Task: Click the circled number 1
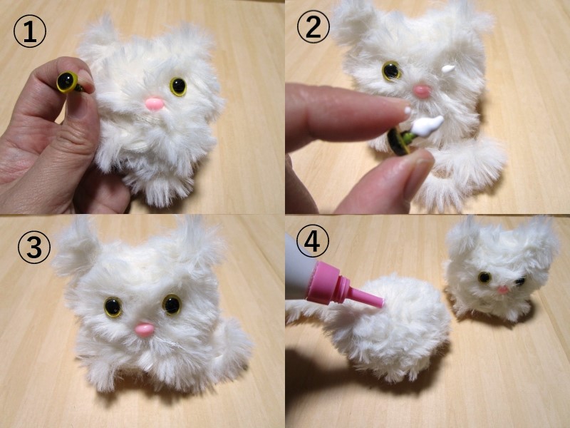(30, 31)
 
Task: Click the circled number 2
(313, 27)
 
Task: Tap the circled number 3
(34, 248)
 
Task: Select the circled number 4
(313, 241)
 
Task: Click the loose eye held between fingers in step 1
(68, 82)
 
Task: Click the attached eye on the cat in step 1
(178, 86)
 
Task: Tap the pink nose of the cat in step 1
(155, 104)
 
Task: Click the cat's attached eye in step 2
(391, 71)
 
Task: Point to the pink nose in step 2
(422, 91)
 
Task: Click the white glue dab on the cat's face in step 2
(449, 68)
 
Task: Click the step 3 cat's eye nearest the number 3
(113, 307)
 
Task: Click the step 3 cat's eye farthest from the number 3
(172, 305)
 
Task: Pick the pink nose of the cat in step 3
(145, 330)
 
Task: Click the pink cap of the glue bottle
(328, 282)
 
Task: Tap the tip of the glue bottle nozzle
(382, 302)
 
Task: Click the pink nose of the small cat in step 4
(503, 290)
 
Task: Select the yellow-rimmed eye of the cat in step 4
(484, 277)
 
